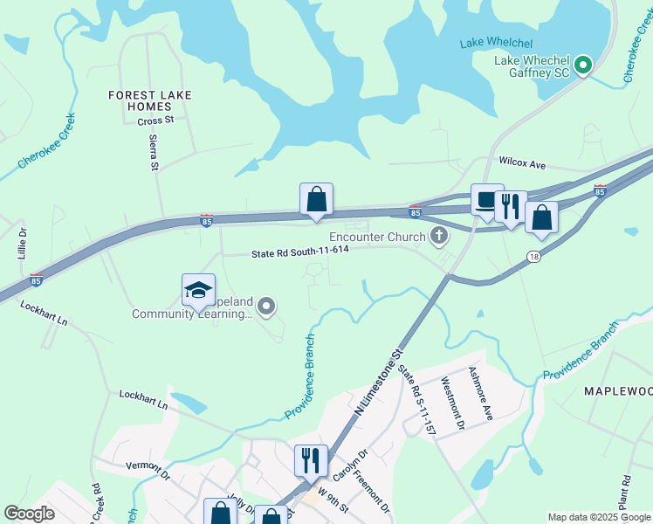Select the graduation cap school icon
[x=198, y=291]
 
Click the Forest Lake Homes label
[x=151, y=100]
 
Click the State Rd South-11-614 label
[x=299, y=251]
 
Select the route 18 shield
[x=533, y=256]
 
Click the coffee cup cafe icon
[x=487, y=200]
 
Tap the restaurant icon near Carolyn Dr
[x=311, y=459]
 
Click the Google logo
[x=29, y=514]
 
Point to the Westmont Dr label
[x=452, y=403]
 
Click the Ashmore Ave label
[x=481, y=392]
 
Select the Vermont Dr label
[x=148, y=472]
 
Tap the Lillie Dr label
[x=24, y=240]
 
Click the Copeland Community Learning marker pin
[x=267, y=307]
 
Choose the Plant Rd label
[x=626, y=493]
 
